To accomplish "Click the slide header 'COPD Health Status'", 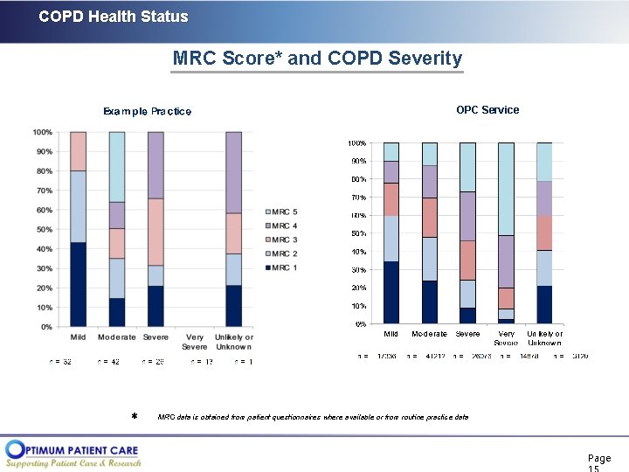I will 114,17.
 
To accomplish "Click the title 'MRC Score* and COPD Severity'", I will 317,59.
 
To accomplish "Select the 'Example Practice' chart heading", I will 147,111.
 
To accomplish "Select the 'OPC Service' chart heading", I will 487,110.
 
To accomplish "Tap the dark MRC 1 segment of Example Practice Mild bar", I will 79,284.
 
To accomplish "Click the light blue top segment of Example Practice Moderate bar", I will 117,167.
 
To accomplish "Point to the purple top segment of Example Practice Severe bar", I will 156,165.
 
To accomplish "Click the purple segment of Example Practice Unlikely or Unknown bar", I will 233,172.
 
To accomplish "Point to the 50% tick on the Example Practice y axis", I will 42,230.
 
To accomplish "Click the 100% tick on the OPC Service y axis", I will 356,142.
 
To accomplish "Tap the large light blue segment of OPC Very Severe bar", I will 506,189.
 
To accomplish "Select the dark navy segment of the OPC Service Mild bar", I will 391,292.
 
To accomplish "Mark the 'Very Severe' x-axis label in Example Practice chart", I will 194,342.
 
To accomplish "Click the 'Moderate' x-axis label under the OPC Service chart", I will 429,334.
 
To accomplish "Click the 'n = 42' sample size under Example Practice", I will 108,362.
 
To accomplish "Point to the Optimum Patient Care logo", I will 73,453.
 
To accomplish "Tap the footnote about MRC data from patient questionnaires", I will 312,417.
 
